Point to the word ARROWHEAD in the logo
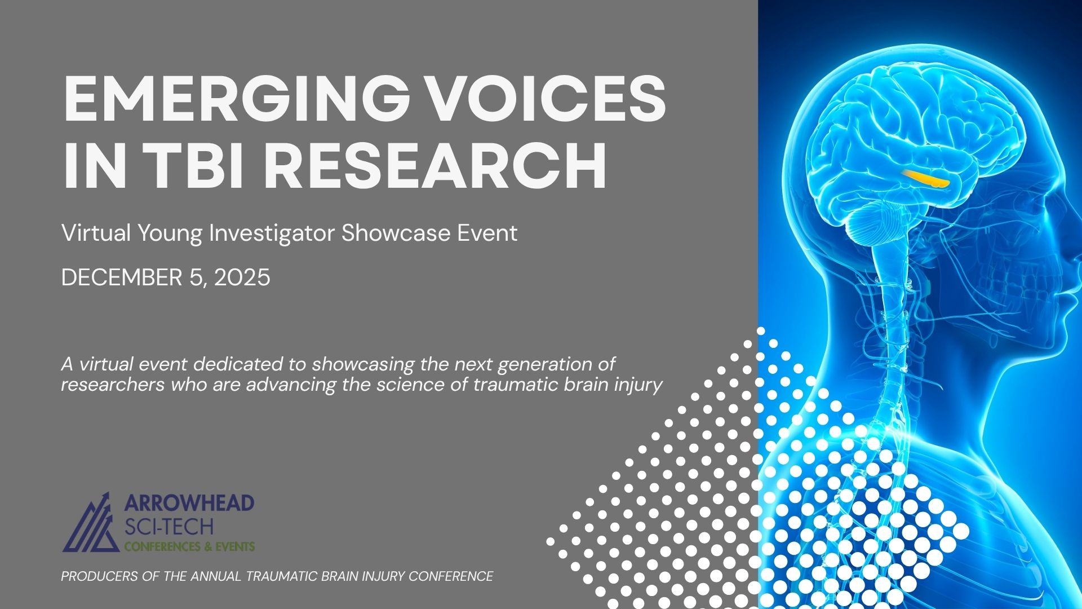189,503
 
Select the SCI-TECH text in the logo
169,527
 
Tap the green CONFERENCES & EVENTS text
189,546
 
